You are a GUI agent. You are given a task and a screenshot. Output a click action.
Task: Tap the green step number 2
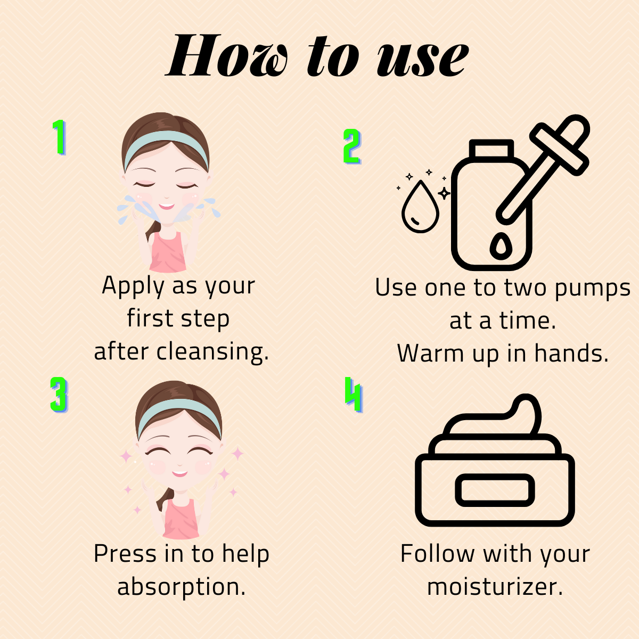352,146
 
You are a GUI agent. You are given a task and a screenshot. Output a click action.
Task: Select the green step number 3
59,395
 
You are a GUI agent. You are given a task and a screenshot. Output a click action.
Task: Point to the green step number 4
354,395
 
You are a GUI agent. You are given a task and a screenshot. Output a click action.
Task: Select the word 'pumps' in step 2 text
592,289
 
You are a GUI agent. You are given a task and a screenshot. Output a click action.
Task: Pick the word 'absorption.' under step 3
181,587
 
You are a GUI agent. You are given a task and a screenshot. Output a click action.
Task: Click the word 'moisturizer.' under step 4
495,587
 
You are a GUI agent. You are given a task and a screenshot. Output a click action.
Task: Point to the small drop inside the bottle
499,246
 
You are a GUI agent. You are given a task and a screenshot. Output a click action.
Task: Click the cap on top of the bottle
490,149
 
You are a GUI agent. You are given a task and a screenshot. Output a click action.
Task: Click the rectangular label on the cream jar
495,490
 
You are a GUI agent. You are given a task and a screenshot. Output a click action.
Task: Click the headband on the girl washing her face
165,141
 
